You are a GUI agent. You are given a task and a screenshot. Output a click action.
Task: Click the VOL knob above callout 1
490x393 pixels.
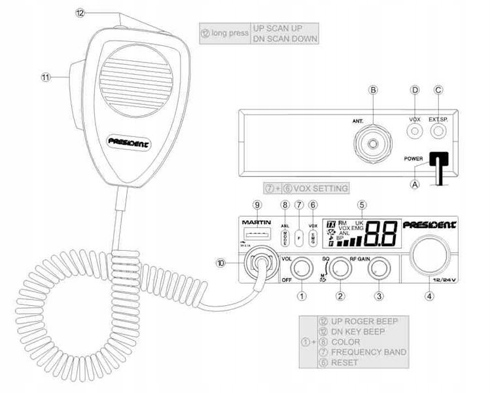302,267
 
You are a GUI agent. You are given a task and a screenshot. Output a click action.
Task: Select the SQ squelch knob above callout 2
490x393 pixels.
340,267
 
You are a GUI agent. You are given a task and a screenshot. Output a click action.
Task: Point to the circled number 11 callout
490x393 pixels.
46,77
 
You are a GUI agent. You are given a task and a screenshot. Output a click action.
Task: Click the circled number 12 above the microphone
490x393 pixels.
80,12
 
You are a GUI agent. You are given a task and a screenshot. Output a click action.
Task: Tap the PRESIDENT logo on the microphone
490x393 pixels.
128,140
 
